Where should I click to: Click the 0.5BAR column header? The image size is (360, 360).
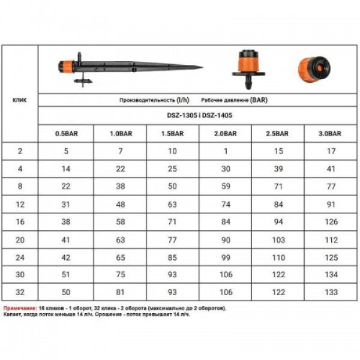[x=67, y=134]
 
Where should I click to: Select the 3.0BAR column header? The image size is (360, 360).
[x=330, y=134]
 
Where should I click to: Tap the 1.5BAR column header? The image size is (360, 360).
[x=172, y=134]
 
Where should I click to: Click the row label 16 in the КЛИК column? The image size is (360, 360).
[x=20, y=222]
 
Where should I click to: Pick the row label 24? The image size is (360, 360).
[x=20, y=257]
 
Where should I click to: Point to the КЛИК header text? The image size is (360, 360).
[x=20, y=100]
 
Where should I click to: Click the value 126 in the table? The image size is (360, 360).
[x=331, y=222]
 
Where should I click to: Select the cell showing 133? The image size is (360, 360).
[x=331, y=292]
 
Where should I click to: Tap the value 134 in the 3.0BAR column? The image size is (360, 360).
[x=331, y=275]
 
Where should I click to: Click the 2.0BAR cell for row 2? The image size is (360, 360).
[x=226, y=151]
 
